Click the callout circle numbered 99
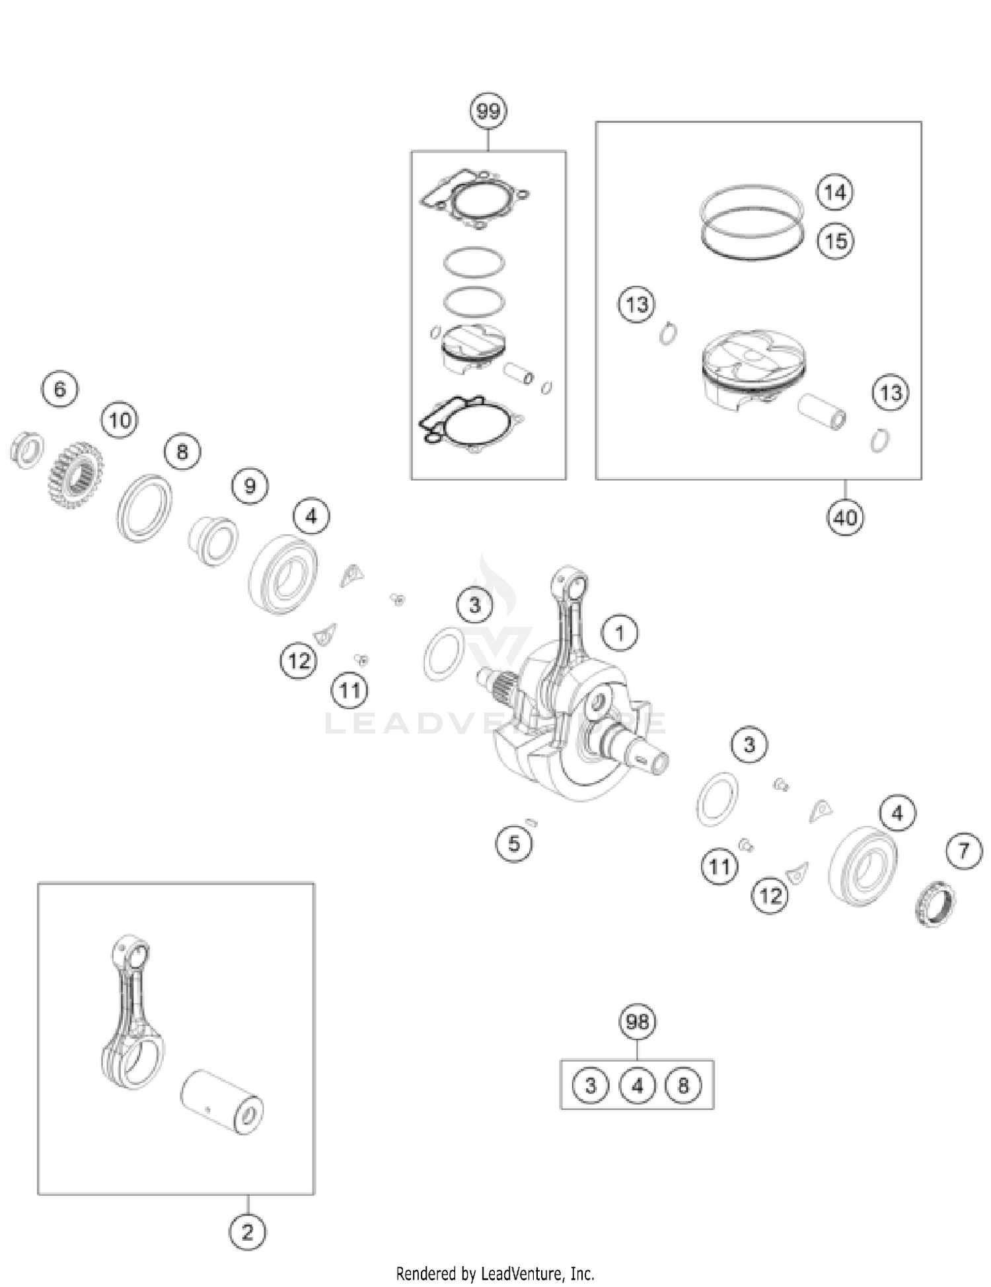click(x=488, y=111)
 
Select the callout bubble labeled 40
click(x=845, y=517)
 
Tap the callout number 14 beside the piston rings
click(x=835, y=192)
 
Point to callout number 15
click(x=836, y=240)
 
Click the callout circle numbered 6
click(x=60, y=389)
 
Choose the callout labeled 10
click(x=120, y=420)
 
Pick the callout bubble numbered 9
click(x=250, y=486)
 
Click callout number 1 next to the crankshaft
click(x=620, y=633)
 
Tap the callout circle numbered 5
click(x=514, y=843)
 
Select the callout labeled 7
click(x=964, y=851)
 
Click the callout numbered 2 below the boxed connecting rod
click(x=248, y=1232)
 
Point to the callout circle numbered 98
click(x=638, y=1022)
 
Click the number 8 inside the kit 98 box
click(x=683, y=1085)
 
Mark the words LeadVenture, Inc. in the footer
click(x=537, y=1273)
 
